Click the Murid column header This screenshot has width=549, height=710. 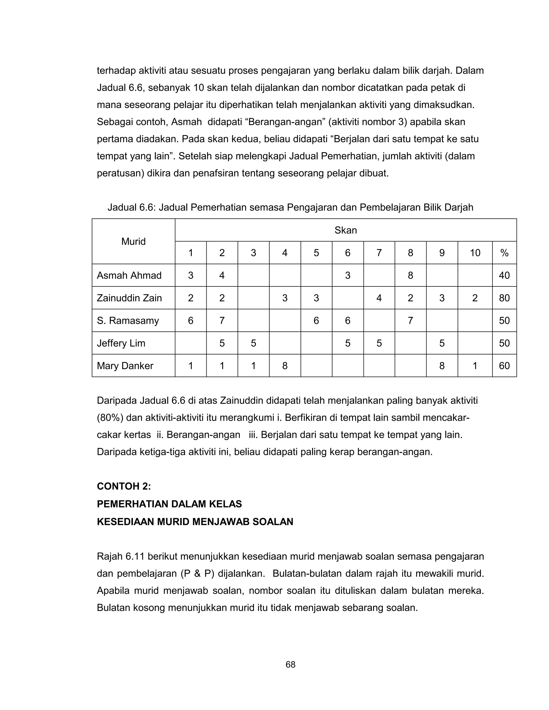coord(133,242)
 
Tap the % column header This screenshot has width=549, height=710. coord(504,253)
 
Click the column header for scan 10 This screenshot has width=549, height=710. coord(474,253)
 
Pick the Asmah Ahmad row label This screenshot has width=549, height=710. coord(129,276)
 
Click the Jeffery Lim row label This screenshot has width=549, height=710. coord(121,343)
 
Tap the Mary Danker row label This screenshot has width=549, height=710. coord(125,366)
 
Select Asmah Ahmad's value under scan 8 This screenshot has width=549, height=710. coord(410,276)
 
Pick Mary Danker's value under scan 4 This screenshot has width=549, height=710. coord(285,366)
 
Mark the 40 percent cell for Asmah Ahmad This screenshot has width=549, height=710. coord(504,276)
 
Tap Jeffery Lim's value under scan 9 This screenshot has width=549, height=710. coord(442,343)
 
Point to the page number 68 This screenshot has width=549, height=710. coord(290,664)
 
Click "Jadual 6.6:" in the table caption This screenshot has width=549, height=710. coord(132,207)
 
